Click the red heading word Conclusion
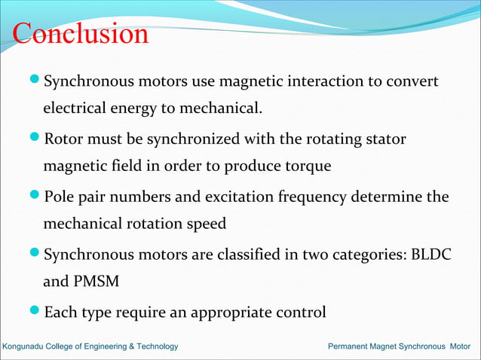click(x=81, y=34)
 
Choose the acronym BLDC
click(x=431, y=255)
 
